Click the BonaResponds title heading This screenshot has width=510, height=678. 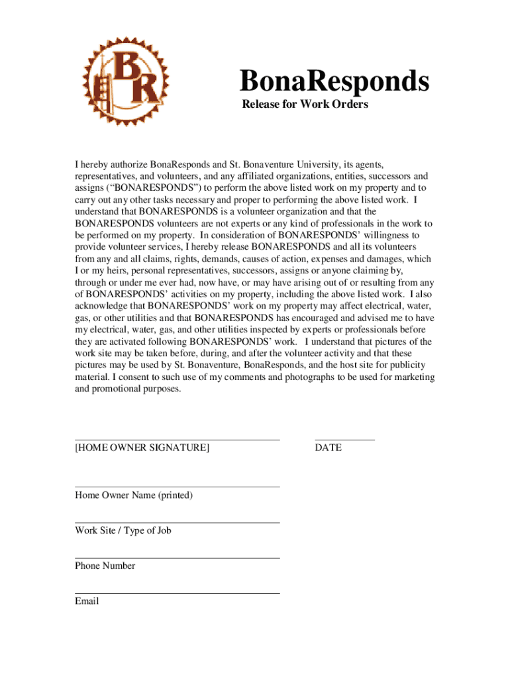[x=334, y=82]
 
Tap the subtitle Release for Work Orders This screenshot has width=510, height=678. [x=305, y=105]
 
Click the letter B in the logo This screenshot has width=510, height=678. [x=127, y=66]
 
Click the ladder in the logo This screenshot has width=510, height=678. [x=102, y=95]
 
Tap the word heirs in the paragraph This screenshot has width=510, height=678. [x=117, y=271]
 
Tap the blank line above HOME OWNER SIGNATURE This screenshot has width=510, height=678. [x=177, y=440]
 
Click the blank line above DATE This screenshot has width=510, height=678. [x=344, y=440]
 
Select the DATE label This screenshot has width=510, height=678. [x=329, y=448]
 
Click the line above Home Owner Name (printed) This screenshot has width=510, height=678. [x=177, y=487]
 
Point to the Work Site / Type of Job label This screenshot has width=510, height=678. [x=123, y=530]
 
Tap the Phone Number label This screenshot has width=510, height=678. [x=105, y=566]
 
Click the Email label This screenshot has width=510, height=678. [x=87, y=601]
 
